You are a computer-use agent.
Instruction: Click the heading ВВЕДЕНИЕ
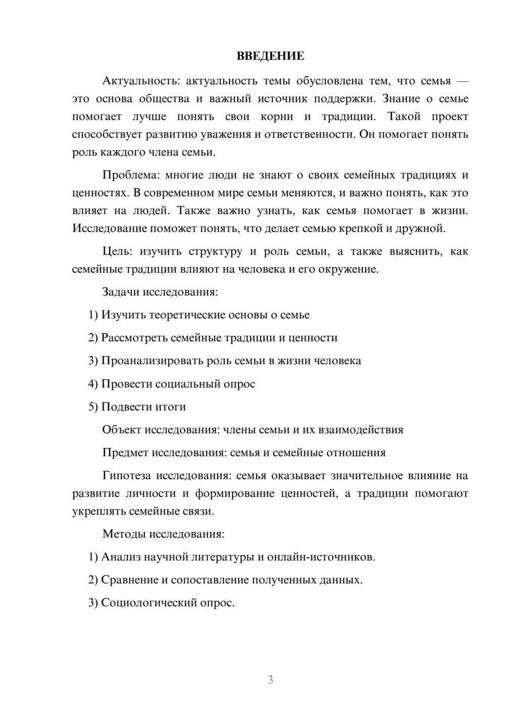270,56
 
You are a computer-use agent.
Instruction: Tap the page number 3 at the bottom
270,680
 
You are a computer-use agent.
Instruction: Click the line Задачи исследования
160,292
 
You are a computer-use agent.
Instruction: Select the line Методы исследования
163,534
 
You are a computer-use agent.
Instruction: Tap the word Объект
122,430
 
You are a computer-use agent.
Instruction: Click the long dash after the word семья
462,81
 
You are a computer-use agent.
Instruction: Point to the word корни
277,117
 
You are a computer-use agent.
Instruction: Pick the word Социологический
150,603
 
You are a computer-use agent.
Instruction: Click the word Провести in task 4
127,384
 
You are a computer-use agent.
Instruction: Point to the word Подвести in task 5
126,407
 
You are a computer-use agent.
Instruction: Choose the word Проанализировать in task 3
153,361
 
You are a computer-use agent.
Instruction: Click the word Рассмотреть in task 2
134,338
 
